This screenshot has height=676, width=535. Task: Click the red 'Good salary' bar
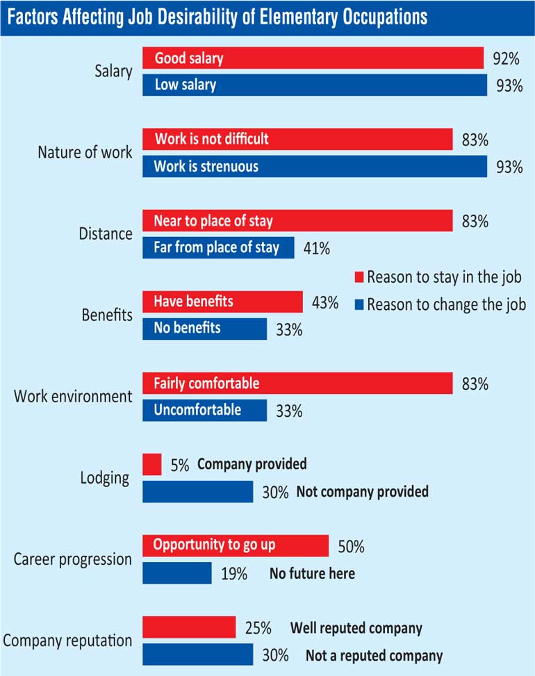[313, 58]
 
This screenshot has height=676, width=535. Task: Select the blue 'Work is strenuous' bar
[314, 166]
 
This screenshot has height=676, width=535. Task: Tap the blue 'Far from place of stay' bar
[218, 247]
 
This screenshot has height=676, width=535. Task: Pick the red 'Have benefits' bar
[222, 302]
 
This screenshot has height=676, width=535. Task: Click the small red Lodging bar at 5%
[151, 464]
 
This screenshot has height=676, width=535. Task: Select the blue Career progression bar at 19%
[177, 573]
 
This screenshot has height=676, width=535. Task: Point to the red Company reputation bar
[189, 628]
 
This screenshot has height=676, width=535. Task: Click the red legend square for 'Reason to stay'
[359, 277]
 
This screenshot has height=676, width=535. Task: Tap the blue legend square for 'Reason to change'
[359, 304]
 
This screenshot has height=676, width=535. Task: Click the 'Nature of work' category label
[84, 152]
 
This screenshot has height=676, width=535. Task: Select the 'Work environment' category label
[72, 397]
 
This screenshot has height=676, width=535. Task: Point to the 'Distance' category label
[105, 234]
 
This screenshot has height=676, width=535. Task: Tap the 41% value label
[316, 248]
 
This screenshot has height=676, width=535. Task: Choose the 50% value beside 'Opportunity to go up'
[350, 547]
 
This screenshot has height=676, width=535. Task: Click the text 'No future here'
[312, 574]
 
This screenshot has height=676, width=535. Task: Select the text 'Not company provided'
[362, 492]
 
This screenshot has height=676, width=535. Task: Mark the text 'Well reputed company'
[356, 629]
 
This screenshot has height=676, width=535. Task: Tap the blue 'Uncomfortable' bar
[204, 410]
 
